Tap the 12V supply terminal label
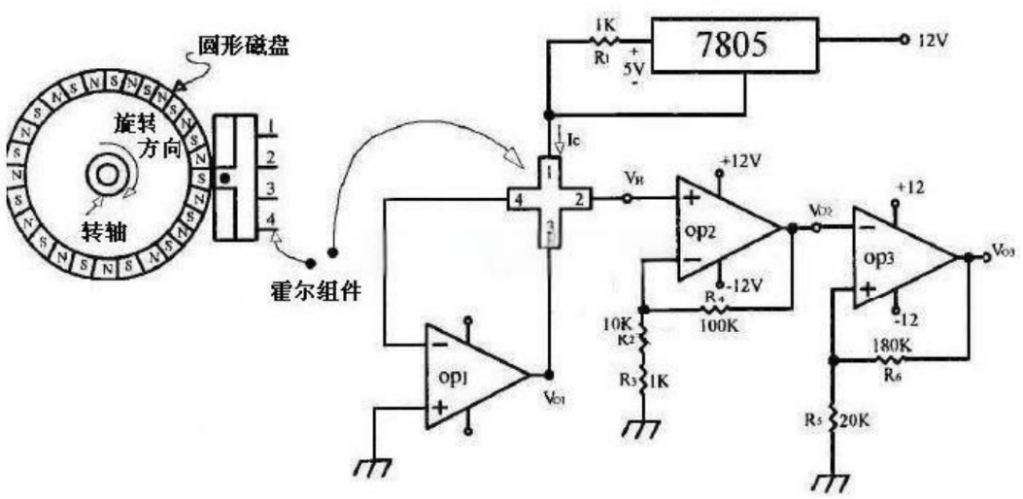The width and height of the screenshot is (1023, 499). [934, 43]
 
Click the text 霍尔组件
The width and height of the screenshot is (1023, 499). [316, 291]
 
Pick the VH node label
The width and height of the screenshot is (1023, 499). [634, 180]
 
